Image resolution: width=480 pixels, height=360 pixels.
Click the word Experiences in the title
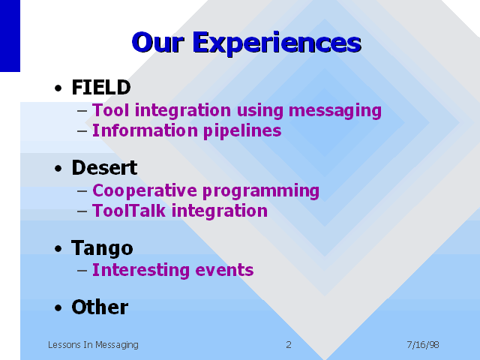click(x=277, y=43)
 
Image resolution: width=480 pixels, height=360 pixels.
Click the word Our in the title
click(x=158, y=42)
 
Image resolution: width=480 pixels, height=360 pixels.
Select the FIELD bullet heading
click(x=101, y=87)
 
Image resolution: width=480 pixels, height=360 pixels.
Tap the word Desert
click(x=104, y=167)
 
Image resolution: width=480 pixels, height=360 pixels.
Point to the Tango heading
click(x=102, y=248)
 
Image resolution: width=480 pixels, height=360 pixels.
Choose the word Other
click(x=100, y=307)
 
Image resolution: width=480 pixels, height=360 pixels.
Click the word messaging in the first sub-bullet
click(x=335, y=111)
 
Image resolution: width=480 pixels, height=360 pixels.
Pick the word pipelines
click(x=242, y=131)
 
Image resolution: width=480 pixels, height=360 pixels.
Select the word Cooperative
click(x=144, y=191)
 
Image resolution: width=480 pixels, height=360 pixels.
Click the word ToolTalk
click(x=129, y=211)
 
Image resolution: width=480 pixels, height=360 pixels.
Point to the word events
click(x=224, y=270)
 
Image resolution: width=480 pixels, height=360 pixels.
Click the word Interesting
click(x=140, y=271)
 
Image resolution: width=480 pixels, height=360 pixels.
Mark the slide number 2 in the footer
click(x=289, y=345)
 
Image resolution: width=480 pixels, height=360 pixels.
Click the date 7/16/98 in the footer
click(x=423, y=345)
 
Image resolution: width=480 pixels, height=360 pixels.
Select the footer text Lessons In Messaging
click(x=93, y=345)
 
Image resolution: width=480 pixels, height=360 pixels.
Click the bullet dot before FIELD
click(x=58, y=88)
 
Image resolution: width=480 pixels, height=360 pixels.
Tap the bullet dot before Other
click(x=58, y=308)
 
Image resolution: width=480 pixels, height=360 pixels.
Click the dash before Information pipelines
click(x=82, y=131)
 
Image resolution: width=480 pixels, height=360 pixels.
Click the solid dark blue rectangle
click(x=10, y=36)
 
